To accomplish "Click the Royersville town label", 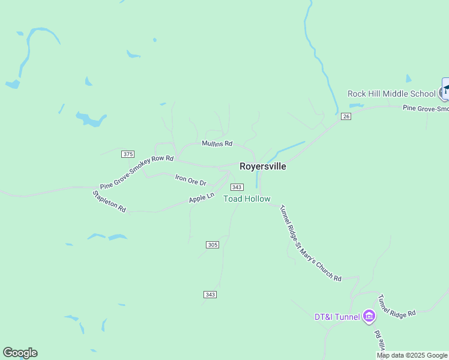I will coord(262,167).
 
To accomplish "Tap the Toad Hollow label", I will coord(247,199).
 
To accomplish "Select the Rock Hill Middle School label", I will coord(391,94).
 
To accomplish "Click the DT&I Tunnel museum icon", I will coord(369,316).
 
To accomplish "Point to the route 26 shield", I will coord(345,116).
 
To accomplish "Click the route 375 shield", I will coord(127,154).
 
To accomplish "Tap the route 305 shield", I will coord(212,244).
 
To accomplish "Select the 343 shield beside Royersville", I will coord(237,187).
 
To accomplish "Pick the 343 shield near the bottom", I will coord(209,294).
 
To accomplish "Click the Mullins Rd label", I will coord(217,144).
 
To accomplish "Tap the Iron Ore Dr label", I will coord(190,179).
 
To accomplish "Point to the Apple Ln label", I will coord(202,197).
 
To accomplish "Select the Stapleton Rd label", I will coord(109,202).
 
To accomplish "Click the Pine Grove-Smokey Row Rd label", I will coord(137,172).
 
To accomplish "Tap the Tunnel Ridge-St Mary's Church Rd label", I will coord(311,242).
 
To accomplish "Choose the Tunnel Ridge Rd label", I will coord(396,306).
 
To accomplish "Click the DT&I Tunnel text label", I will coord(337,317).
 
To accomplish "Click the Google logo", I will coord(20,353).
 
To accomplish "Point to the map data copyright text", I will coord(412,355).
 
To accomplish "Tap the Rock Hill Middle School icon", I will coord(445,92).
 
